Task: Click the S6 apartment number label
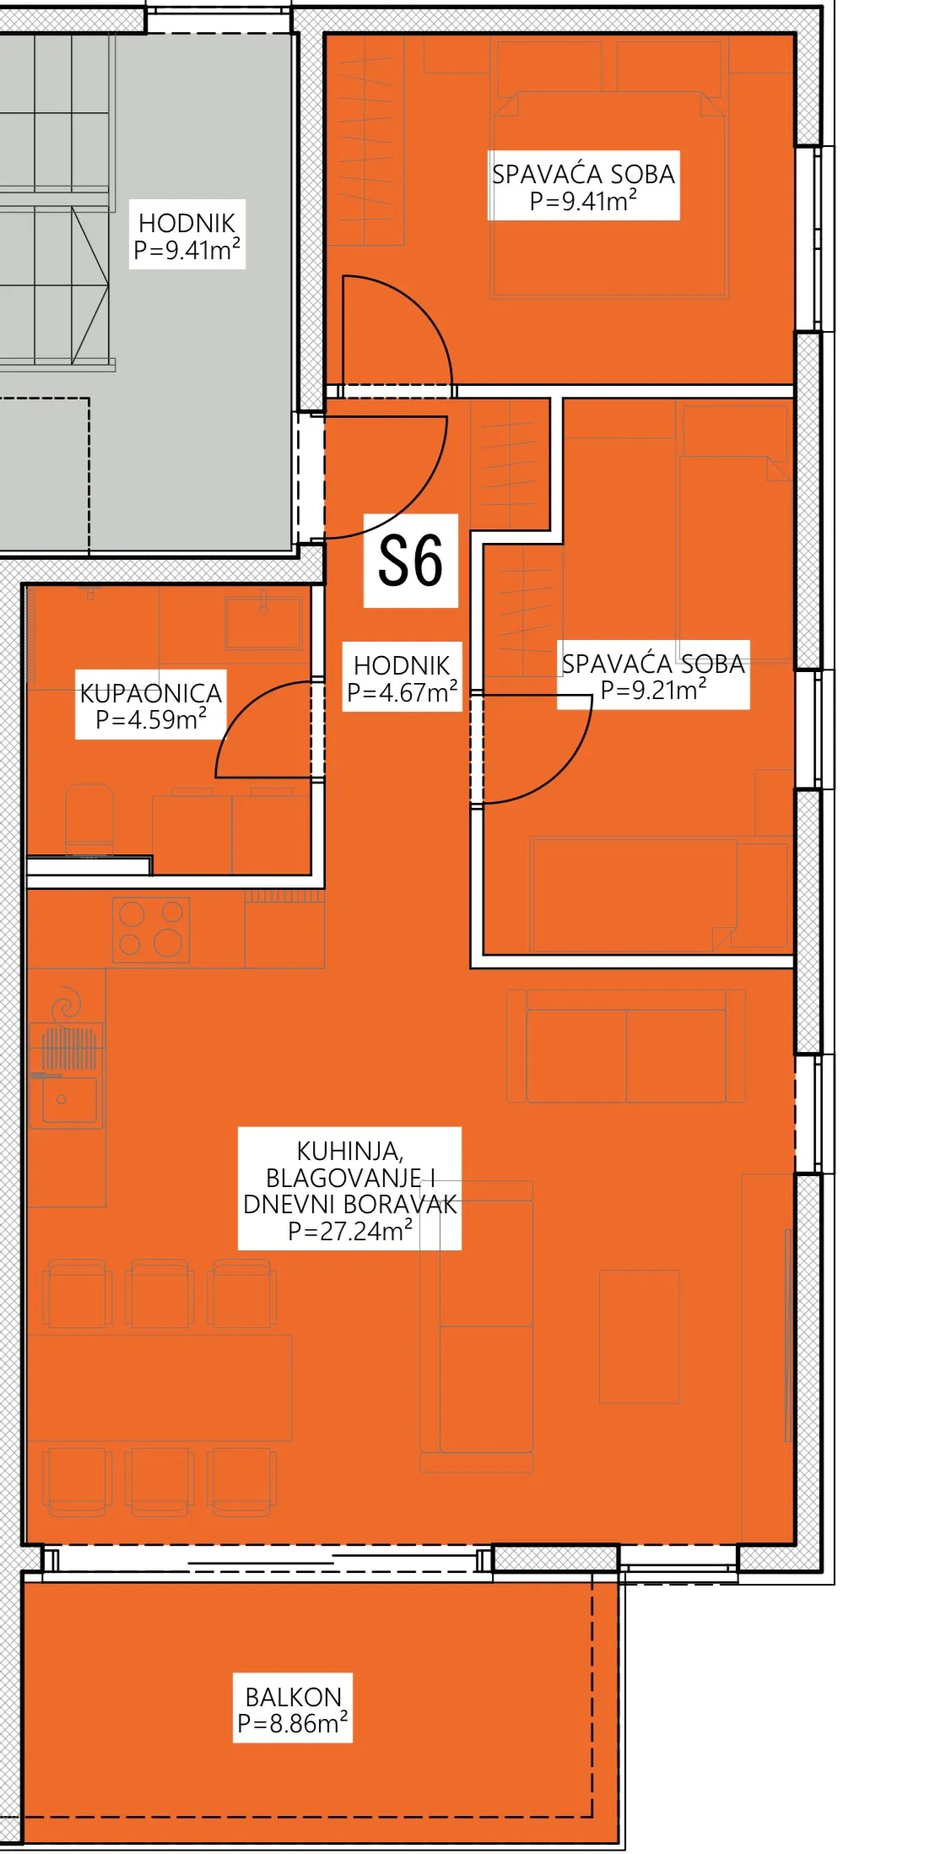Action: [410, 561]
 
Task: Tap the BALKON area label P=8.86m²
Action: [293, 1723]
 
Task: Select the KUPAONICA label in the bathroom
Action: [151, 693]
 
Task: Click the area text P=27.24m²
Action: [350, 1231]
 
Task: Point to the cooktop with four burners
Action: [151, 929]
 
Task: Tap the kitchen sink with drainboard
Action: [67, 1075]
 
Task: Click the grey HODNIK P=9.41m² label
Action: [187, 236]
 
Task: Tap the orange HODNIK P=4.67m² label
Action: [402, 678]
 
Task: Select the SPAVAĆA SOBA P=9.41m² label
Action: [583, 187]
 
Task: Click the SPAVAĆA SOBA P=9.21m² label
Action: [653, 676]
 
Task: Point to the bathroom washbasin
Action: [263, 622]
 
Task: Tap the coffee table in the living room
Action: [640, 1336]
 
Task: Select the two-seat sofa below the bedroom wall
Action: [626, 1046]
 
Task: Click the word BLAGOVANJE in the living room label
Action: [343, 1178]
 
